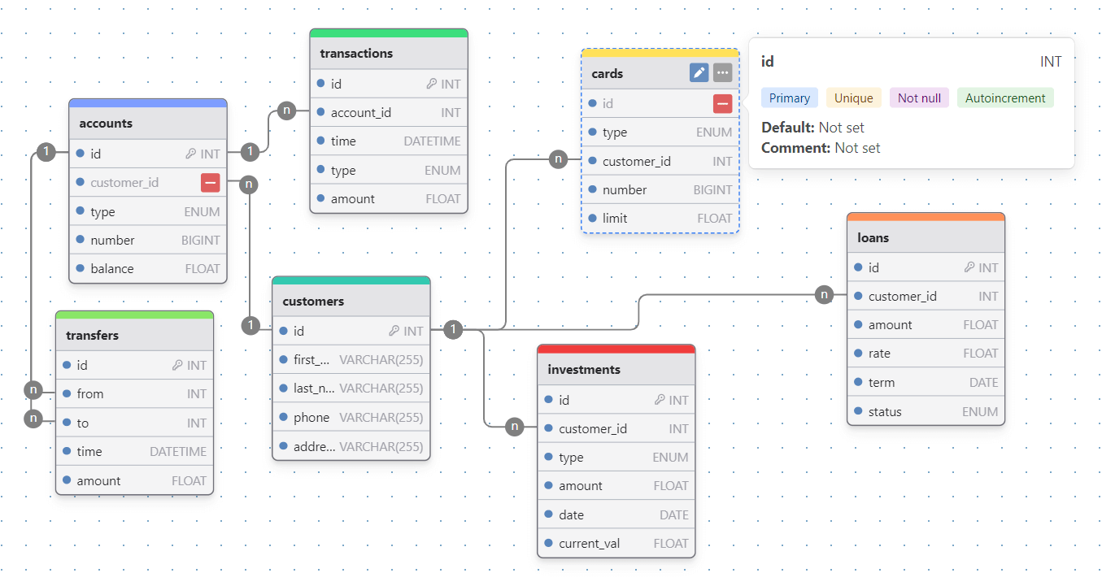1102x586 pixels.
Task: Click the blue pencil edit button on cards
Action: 699,73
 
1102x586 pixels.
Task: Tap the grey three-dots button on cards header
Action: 722,73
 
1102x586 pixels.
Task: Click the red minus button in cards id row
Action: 722,103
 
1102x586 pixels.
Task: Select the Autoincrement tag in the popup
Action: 1005,98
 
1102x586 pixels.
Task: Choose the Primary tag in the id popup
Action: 789,98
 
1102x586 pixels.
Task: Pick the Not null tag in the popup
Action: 919,98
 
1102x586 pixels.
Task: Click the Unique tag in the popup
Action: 854,98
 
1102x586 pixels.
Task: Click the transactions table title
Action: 356,54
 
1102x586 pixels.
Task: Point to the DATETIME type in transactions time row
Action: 432,141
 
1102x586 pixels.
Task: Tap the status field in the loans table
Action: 885,412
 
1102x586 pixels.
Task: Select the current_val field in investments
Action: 590,544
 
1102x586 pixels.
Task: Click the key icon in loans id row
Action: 969,267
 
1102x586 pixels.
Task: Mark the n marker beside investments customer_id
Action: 514,427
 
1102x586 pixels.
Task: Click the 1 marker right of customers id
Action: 454,329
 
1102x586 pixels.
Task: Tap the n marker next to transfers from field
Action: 33,389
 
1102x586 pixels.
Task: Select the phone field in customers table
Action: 311,418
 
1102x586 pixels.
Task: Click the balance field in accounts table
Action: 111,269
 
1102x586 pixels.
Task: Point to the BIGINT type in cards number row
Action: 712,190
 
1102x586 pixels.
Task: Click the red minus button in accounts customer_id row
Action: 210,183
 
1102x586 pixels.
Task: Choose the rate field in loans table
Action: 879,354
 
